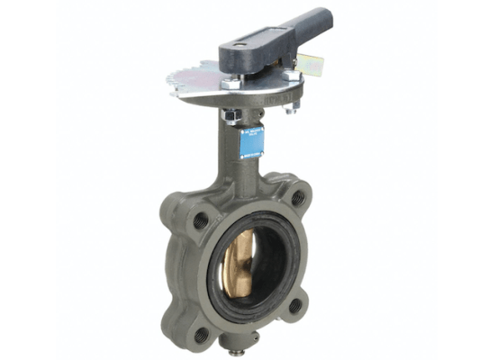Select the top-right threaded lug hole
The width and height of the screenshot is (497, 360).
click(297, 196)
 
